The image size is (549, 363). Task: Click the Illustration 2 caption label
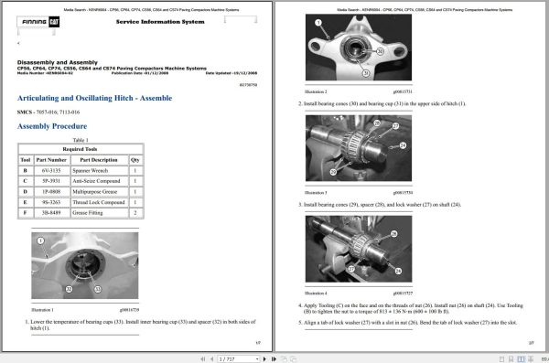tap(316, 91)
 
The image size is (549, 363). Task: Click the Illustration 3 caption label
tap(316, 192)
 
